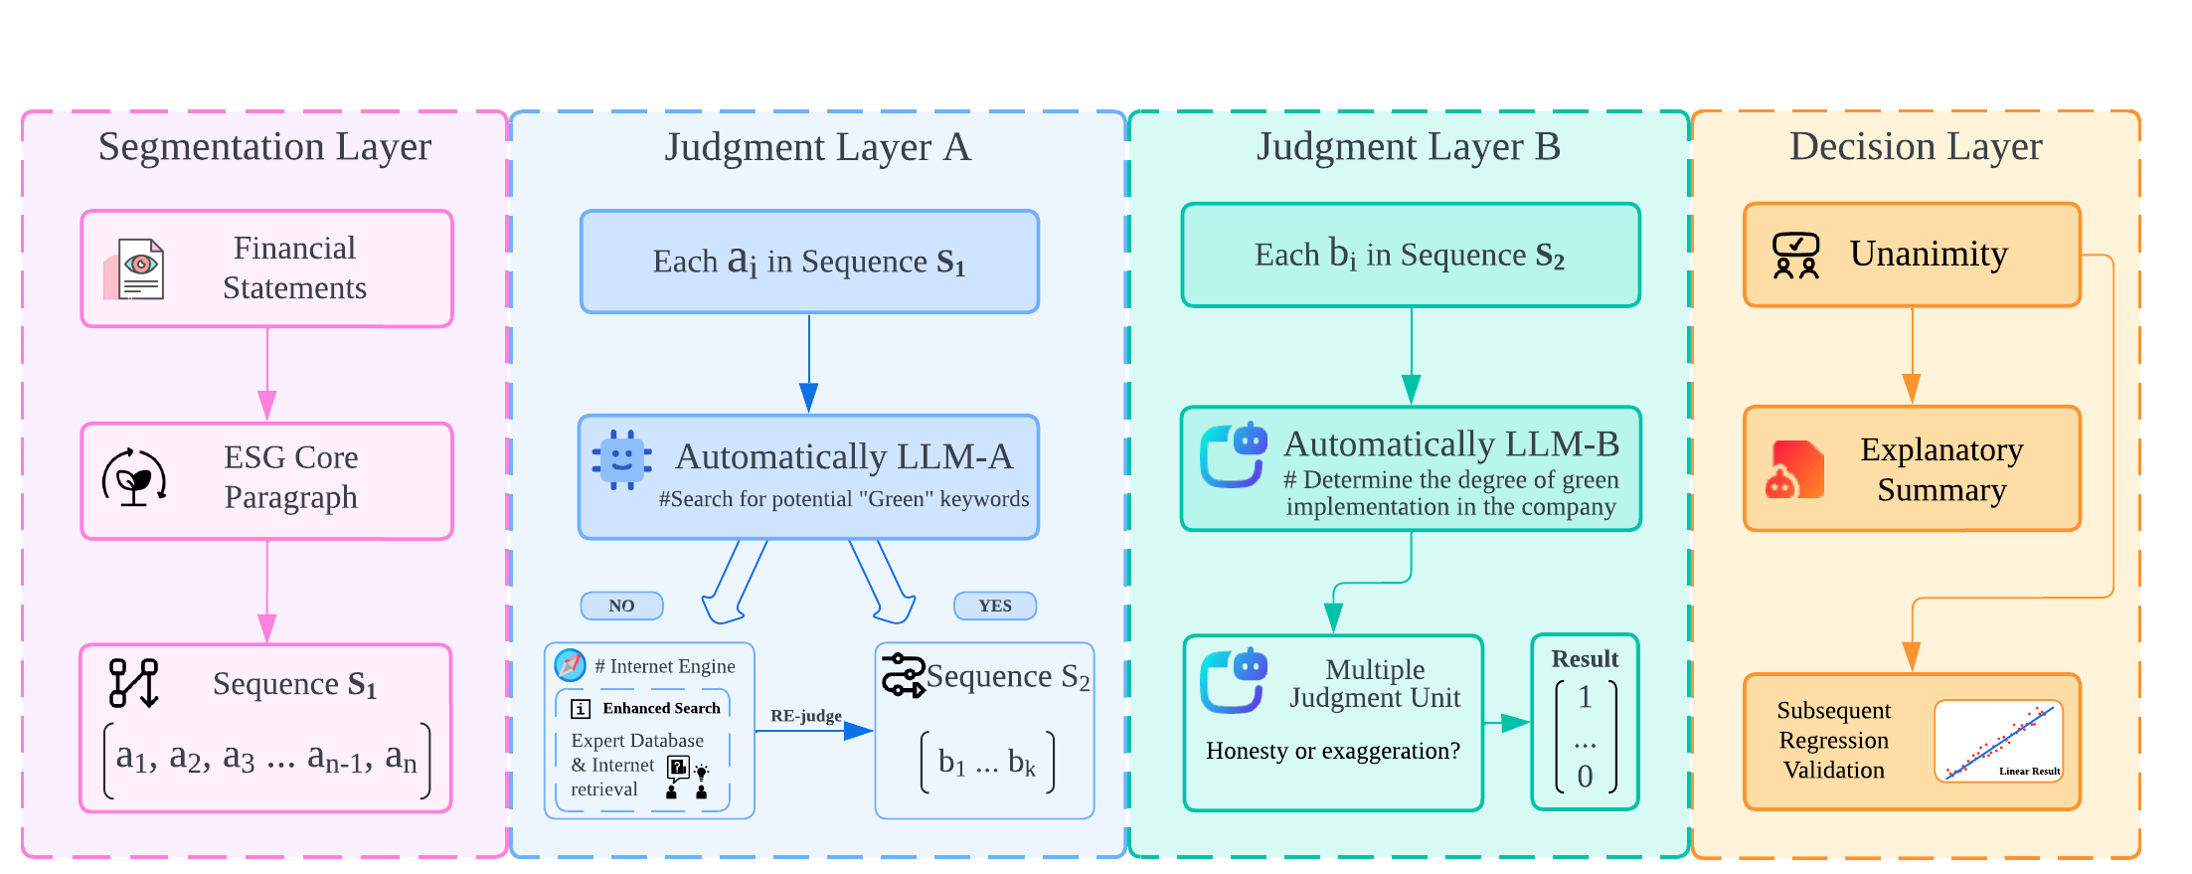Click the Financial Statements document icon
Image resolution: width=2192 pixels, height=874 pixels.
tap(135, 269)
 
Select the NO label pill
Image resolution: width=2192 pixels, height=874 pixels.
tap(621, 606)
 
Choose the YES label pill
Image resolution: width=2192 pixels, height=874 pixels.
tap(994, 606)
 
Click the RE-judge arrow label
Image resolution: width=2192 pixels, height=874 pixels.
tap(805, 716)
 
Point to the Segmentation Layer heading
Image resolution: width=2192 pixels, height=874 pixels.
tap(264, 147)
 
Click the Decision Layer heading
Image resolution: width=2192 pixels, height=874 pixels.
tap(1915, 147)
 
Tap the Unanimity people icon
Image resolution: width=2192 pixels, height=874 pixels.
tap(1796, 256)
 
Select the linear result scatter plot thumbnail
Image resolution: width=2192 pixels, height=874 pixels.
tap(1999, 741)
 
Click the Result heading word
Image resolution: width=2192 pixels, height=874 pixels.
tap(1585, 659)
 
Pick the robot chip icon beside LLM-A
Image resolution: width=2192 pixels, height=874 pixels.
tap(622, 459)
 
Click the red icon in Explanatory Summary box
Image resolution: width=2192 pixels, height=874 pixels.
tap(1794, 470)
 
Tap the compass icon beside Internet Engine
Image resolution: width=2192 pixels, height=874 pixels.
tap(570, 664)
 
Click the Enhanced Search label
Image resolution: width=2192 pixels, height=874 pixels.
tap(661, 708)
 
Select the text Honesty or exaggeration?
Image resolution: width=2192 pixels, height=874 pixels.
tap(1333, 751)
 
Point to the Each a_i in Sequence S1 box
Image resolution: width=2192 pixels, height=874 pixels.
tap(809, 262)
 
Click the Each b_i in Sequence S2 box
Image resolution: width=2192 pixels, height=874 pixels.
tap(1410, 256)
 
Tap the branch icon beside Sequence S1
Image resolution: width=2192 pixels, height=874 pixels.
tap(134, 683)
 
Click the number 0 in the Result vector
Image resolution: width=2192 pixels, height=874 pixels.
tap(1585, 776)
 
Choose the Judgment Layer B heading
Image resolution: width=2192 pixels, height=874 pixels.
tap(1408, 147)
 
